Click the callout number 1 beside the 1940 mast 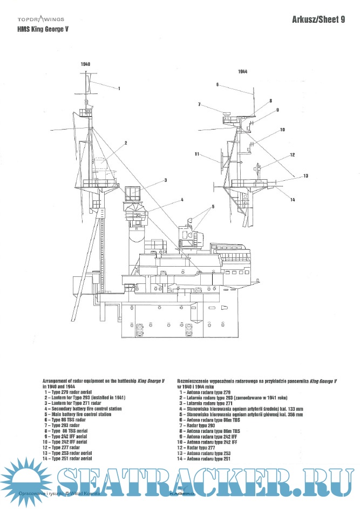[x=119, y=88]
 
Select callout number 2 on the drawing [x=125, y=143]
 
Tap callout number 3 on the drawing [x=166, y=180]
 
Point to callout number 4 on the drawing [x=182, y=200]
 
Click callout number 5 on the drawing [x=213, y=207]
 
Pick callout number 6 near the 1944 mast [x=217, y=85]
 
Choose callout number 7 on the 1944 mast [x=199, y=104]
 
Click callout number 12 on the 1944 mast [x=292, y=155]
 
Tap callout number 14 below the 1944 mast [x=292, y=200]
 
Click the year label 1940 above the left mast [x=85, y=64]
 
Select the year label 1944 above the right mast [x=242, y=71]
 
